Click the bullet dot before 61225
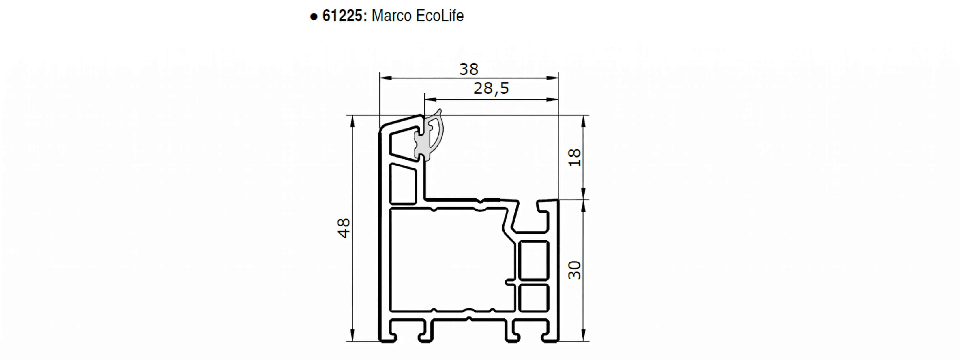tap(314, 17)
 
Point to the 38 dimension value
tap(469, 69)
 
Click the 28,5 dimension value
tap(491, 88)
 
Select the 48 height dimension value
tap(344, 228)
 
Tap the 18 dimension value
tap(575, 157)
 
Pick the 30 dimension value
tap(575, 270)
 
